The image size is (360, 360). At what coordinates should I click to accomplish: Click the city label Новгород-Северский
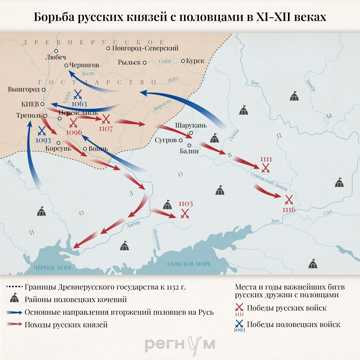click(x=145, y=48)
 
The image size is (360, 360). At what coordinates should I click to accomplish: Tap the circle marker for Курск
click(x=183, y=61)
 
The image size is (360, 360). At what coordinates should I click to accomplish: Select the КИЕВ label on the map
click(x=30, y=104)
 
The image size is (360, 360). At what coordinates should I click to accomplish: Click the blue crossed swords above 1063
click(x=78, y=95)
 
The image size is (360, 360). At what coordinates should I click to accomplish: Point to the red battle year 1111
click(x=266, y=159)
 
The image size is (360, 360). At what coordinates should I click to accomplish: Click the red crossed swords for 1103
click(x=185, y=214)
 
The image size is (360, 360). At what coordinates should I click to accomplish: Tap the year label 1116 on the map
click(x=289, y=210)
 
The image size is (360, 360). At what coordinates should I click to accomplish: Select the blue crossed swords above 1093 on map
click(x=42, y=130)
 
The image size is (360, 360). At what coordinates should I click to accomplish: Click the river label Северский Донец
click(x=269, y=182)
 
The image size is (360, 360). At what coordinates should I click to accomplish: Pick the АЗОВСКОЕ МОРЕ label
click(x=188, y=264)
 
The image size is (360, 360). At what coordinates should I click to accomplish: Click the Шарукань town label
click(x=191, y=125)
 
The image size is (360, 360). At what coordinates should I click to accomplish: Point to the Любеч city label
click(x=56, y=57)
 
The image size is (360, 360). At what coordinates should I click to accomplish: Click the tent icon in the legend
click(x=14, y=299)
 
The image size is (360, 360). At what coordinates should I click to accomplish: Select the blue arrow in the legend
click(x=14, y=312)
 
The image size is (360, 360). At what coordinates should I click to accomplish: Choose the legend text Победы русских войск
click(x=286, y=308)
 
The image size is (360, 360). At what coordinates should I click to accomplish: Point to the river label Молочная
click(x=157, y=240)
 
